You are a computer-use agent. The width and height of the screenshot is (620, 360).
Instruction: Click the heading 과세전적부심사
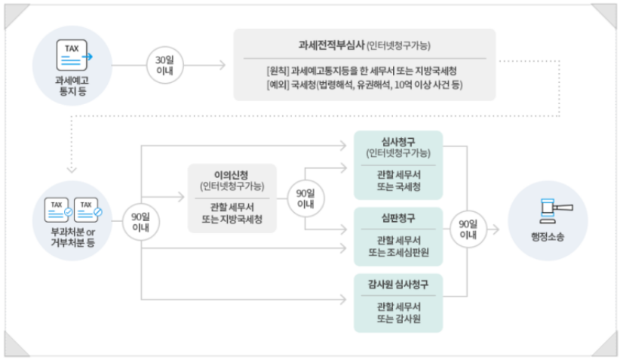(332, 45)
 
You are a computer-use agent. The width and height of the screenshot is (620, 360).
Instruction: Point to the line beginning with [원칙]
(362, 70)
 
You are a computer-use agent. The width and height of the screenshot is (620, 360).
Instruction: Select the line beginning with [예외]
(364, 85)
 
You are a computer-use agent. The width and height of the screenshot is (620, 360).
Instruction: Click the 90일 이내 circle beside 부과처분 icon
(141, 220)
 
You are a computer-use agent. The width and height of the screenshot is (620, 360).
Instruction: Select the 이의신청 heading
(232, 173)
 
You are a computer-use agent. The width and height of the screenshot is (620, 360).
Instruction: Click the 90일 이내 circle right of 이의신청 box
(305, 198)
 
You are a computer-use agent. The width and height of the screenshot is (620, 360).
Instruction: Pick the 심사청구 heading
(398, 140)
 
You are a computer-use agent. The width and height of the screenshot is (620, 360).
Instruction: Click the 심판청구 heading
(398, 219)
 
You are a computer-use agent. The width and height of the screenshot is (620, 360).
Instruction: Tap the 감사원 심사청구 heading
(398, 285)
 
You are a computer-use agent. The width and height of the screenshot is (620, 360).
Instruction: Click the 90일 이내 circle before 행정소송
(468, 229)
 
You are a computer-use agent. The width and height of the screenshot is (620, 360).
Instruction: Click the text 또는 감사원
(398, 319)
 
